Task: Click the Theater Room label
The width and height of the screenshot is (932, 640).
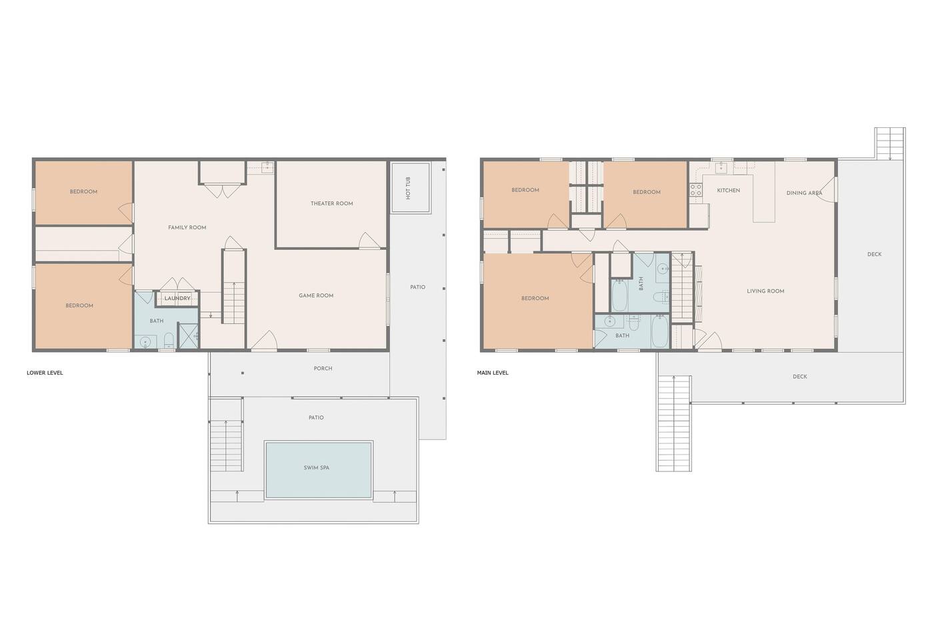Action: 331,203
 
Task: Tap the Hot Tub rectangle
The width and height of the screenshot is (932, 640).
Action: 410,188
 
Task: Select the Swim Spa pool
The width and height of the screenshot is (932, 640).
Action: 318,470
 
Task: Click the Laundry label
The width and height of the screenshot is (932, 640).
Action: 177,299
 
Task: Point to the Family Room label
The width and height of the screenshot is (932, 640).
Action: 187,227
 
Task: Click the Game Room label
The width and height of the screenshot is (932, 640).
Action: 316,295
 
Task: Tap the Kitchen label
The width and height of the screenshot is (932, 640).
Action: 729,190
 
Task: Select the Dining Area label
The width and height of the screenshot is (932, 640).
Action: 804,193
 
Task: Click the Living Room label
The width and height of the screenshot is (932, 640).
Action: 765,291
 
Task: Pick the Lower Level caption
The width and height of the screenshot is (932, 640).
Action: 45,373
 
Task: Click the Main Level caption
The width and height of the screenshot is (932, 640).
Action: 493,373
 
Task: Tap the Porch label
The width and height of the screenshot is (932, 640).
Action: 323,368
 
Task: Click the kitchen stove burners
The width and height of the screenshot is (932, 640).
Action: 696,190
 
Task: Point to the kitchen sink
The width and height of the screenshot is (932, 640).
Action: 721,168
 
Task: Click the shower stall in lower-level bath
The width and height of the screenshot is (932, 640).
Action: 188,336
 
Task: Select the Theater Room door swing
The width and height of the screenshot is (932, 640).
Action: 369,241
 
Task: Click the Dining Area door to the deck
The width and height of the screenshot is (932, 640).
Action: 826,189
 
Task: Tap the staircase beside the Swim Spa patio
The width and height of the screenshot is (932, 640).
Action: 226,446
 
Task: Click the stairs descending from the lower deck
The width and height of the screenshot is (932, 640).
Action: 673,423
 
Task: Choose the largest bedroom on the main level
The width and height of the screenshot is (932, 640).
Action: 537,301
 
